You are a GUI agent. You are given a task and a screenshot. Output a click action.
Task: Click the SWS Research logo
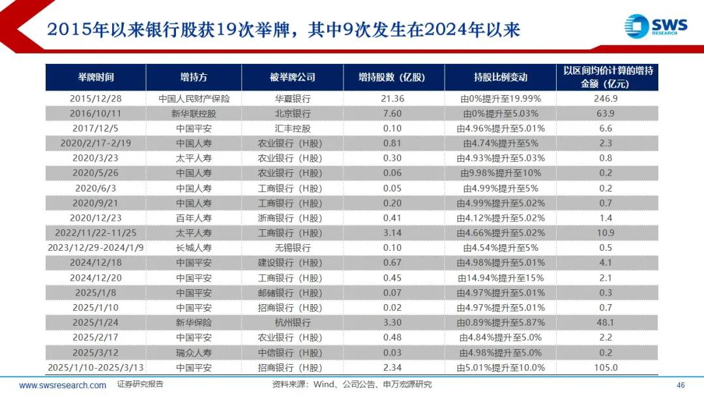point(656,26)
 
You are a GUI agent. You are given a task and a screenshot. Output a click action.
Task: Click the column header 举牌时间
point(95,77)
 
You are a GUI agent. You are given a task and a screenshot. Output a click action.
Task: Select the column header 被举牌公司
point(292,77)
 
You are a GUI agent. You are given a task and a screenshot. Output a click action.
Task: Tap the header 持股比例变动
point(501,77)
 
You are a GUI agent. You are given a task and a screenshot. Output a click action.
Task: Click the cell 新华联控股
point(194,113)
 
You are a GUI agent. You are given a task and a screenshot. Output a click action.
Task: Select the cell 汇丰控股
point(292,128)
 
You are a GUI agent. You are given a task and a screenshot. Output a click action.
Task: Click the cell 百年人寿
point(194,218)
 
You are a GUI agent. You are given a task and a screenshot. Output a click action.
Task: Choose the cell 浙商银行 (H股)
point(292,218)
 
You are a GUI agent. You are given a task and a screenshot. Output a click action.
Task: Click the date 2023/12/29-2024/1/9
point(95,248)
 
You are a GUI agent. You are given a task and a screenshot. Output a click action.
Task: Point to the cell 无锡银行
point(292,248)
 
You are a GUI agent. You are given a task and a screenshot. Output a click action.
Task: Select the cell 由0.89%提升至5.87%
point(501,322)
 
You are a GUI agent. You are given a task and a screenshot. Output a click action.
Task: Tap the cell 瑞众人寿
point(194,352)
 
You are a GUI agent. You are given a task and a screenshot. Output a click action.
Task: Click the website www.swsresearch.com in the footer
point(63,385)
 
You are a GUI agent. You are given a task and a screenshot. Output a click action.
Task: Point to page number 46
point(681,385)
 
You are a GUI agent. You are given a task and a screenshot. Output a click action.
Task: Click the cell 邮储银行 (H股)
point(292,293)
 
